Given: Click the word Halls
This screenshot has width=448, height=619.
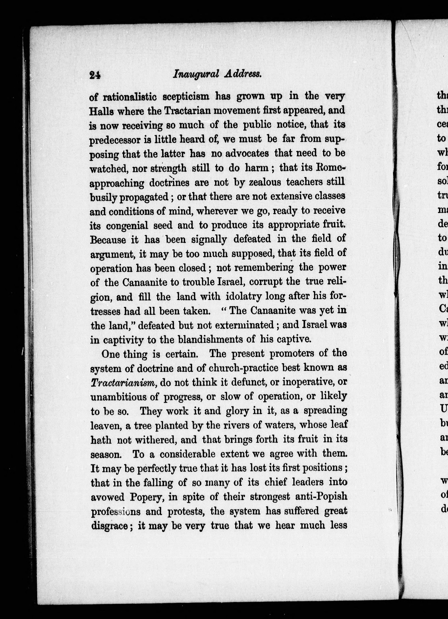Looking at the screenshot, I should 100,111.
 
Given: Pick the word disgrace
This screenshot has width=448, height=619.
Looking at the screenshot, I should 109,525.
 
